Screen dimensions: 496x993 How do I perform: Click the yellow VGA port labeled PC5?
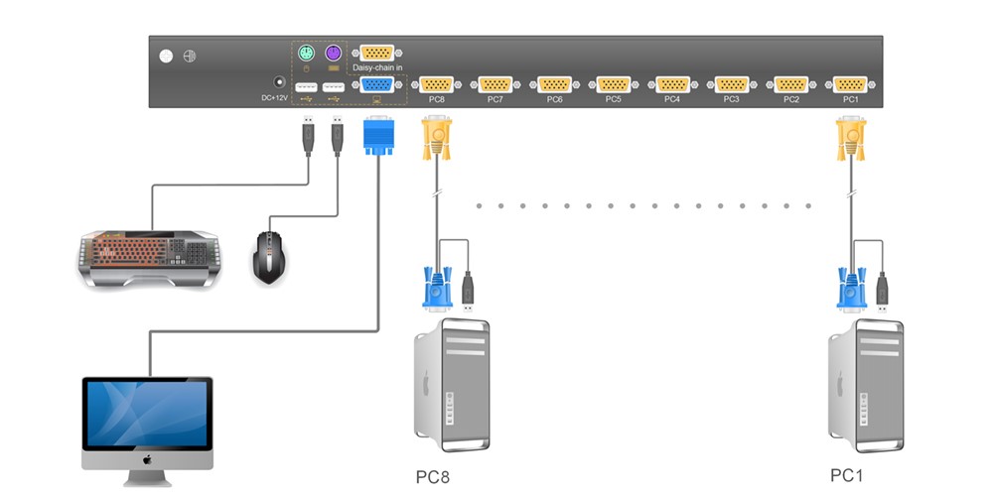(614, 84)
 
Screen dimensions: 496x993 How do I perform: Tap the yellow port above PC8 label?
(437, 84)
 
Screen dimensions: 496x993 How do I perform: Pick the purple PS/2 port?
(334, 53)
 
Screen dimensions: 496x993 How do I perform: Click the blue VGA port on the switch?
(377, 85)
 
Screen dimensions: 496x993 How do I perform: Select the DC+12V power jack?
(279, 85)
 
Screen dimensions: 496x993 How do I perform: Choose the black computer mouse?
(269, 258)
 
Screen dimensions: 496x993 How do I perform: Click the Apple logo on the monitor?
(146, 460)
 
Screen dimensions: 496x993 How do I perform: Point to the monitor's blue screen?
(147, 416)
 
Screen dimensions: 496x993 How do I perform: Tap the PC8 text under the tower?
(433, 477)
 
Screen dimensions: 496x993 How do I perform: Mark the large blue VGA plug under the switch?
(378, 136)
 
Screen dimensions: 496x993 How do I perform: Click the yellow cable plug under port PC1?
(850, 139)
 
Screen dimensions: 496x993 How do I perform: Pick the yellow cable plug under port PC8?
(437, 139)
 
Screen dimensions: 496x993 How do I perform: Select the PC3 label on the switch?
(731, 99)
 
